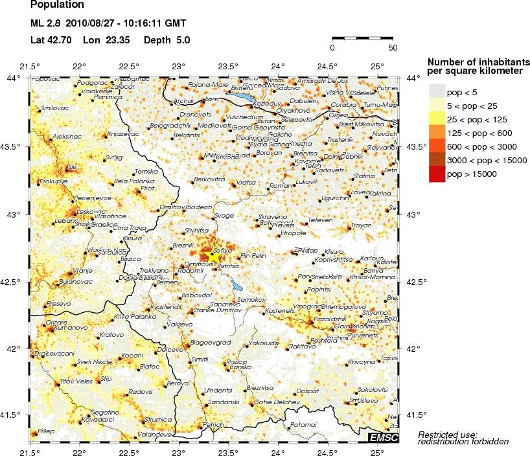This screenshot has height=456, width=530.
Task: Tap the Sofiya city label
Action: tap(223, 249)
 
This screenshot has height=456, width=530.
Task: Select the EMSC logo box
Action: tap(383, 439)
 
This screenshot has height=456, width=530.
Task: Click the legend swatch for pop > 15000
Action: tap(437, 174)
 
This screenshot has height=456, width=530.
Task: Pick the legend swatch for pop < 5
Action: tap(437, 92)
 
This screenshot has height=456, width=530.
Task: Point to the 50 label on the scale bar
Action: tap(393, 48)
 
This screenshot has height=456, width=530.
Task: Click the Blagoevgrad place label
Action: tap(210, 342)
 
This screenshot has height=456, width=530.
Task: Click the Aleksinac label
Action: tap(67, 137)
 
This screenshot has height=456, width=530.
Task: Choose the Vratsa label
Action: tap(246, 183)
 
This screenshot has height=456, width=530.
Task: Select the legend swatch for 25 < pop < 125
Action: tap(437, 119)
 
